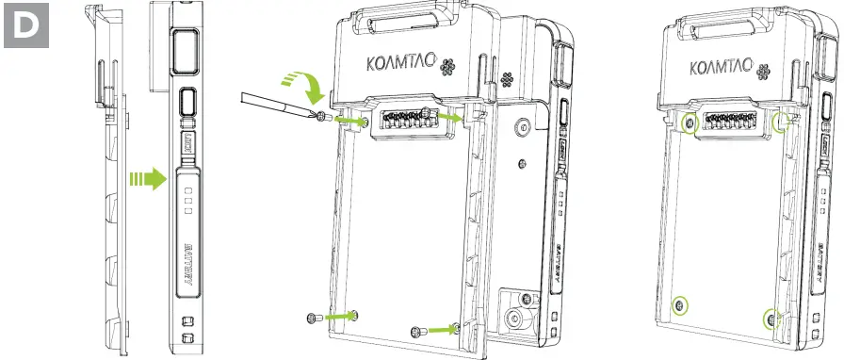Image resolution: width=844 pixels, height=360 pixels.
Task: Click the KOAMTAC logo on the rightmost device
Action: tap(721, 70)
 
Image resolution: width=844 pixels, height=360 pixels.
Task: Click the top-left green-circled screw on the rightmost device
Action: tap(690, 124)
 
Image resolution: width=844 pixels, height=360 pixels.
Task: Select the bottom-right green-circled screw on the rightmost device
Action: tap(771, 319)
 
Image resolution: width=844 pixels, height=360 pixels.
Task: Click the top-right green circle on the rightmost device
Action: tap(781, 124)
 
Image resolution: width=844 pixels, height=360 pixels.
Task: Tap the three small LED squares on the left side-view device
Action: tap(188, 201)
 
